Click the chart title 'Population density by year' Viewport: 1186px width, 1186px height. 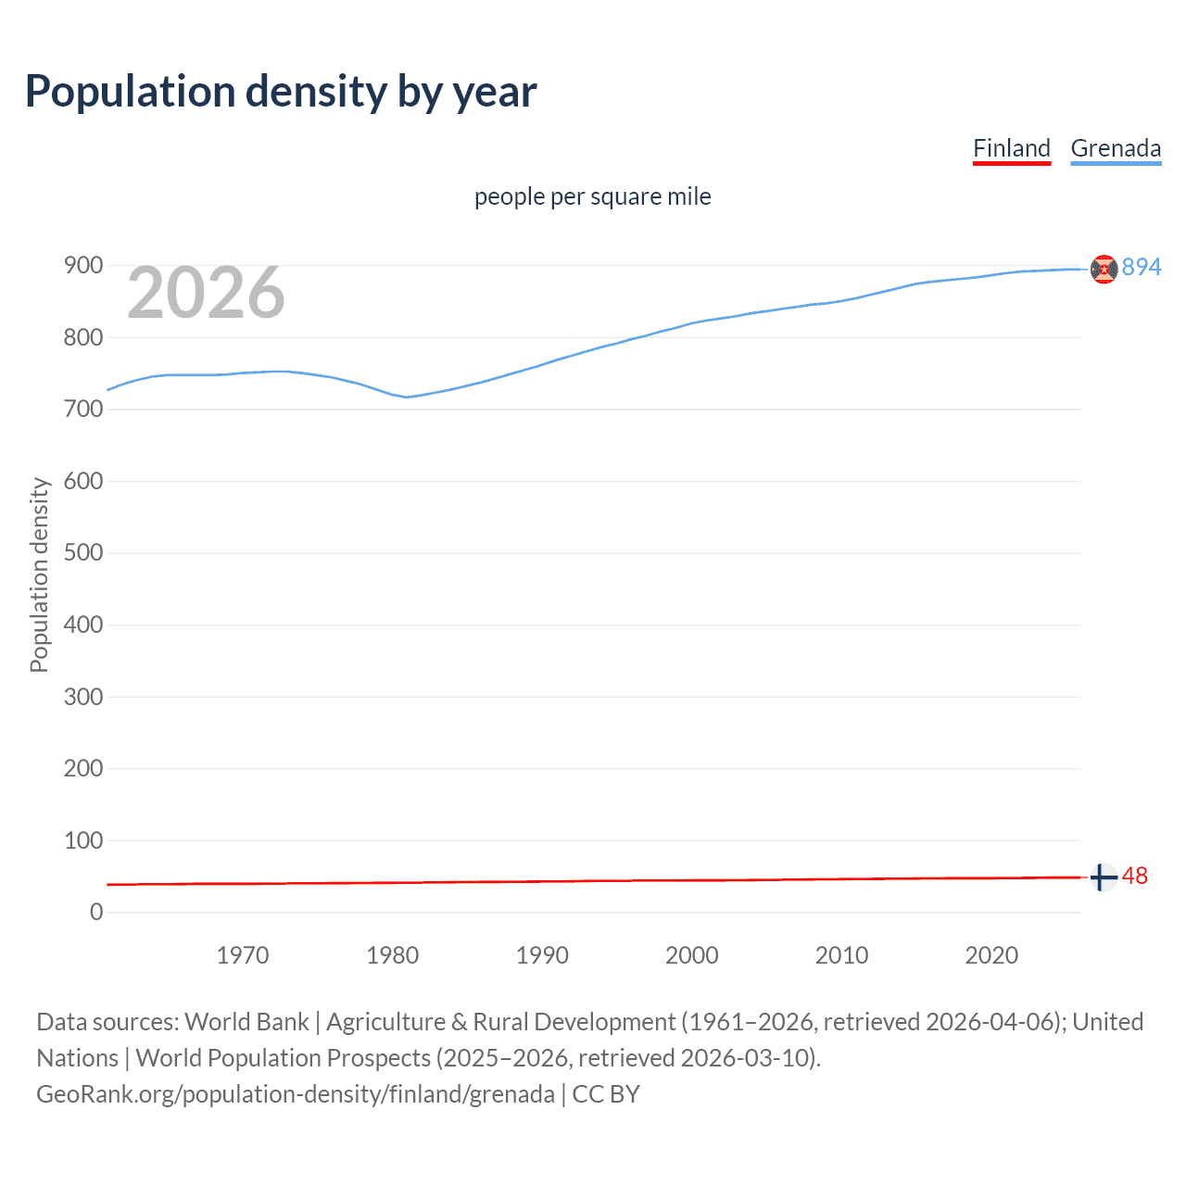(281, 92)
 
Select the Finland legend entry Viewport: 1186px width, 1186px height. (1011, 148)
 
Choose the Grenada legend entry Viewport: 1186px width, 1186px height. (1116, 148)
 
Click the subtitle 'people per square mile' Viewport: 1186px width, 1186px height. (592, 196)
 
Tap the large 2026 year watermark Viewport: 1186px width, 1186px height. (206, 293)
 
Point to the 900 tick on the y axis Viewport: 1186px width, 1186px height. (83, 266)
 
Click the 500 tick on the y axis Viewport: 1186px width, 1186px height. (83, 553)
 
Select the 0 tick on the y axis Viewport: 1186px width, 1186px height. (96, 913)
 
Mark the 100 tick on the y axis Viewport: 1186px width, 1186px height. (83, 840)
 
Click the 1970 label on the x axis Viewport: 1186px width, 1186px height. (243, 955)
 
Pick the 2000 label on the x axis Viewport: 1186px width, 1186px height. (692, 955)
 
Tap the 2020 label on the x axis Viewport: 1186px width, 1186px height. (991, 955)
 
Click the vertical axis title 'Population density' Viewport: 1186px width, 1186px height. (39, 574)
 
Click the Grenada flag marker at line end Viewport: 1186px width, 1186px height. (1104, 269)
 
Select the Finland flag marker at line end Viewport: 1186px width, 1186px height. (1104, 877)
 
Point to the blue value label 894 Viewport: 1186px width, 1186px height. (1142, 267)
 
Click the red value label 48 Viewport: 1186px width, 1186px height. (1135, 876)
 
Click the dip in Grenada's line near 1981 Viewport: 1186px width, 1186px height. (407, 397)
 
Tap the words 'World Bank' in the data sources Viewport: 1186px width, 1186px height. (246, 1022)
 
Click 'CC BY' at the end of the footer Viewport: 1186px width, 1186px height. (606, 1094)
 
